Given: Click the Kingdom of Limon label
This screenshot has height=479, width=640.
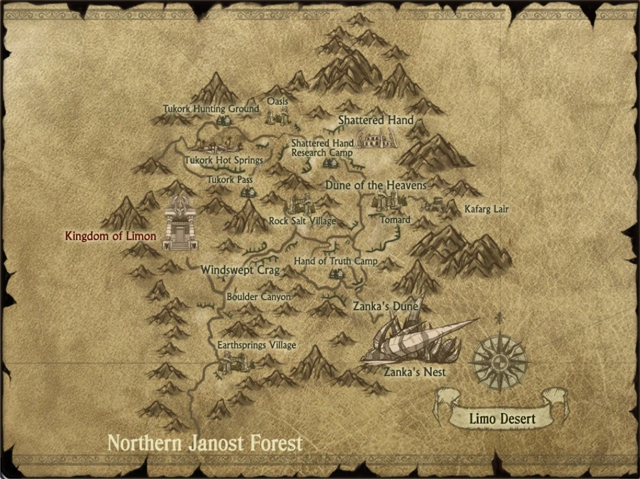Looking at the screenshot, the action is pyautogui.click(x=110, y=236).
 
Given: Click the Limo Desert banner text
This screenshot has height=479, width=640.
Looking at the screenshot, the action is pyautogui.click(x=502, y=418).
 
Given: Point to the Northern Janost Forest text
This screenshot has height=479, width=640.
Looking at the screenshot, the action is pyautogui.click(x=205, y=443).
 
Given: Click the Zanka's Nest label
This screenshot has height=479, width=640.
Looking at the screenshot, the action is pyautogui.click(x=415, y=373).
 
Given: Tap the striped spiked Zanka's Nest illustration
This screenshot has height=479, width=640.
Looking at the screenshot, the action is pyautogui.click(x=416, y=342).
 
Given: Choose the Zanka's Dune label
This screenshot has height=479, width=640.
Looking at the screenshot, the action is pyautogui.click(x=385, y=307).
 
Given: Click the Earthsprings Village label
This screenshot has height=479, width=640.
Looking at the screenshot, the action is pyautogui.click(x=256, y=345).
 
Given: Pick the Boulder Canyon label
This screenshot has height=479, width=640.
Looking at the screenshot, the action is pyautogui.click(x=259, y=297).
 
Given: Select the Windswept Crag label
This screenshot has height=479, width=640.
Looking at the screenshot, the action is pyautogui.click(x=240, y=270).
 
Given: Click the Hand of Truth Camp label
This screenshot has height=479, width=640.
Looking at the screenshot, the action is pyautogui.click(x=335, y=261).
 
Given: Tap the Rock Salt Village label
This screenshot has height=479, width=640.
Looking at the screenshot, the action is pyautogui.click(x=302, y=221).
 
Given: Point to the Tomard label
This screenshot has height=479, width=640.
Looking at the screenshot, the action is pyautogui.click(x=395, y=219).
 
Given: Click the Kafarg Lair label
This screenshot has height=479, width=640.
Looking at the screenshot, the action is pyautogui.click(x=487, y=209).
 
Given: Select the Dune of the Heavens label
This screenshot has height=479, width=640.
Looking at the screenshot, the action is pyautogui.click(x=375, y=185).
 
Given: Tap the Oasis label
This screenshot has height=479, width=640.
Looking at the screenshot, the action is pyautogui.click(x=277, y=101).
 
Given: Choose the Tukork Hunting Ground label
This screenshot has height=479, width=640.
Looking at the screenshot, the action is pyautogui.click(x=211, y=109).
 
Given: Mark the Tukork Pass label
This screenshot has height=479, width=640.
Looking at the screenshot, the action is pyautogui.click(x=230, y=179).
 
